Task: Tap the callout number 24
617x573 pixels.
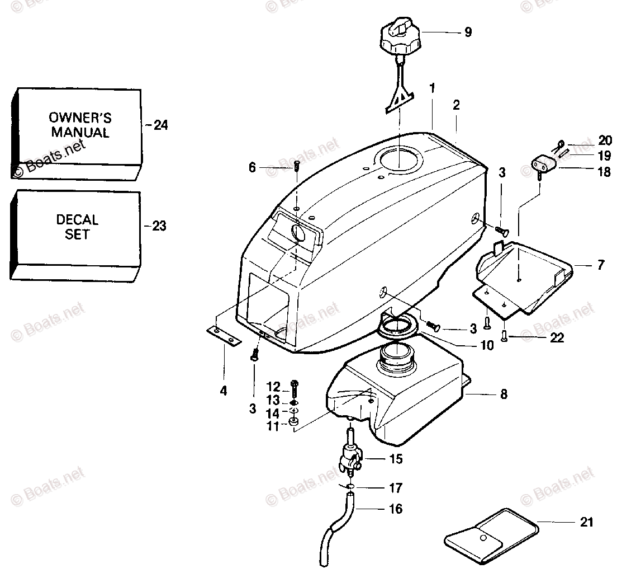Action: click(160, 125)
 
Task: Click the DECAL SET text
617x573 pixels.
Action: click(77, 227)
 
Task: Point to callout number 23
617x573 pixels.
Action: click(159, 227)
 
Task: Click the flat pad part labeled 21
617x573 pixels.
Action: click(492, 534)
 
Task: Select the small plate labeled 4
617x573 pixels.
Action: click(223, 336)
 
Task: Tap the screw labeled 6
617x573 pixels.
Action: click(297, 166)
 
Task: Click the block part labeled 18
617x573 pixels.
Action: click(542, 166)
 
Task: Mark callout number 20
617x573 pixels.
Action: click(589, 140)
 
